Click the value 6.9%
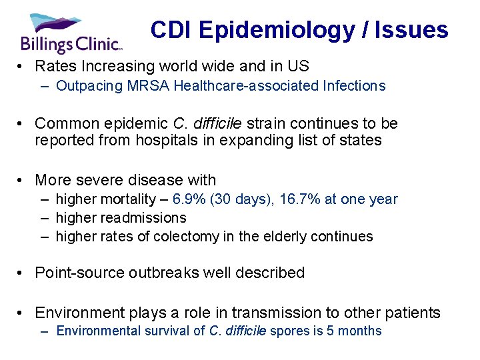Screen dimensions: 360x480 (188, 199)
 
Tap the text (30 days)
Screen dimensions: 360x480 (237, 199)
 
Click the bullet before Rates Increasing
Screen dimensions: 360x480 (23, 67)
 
